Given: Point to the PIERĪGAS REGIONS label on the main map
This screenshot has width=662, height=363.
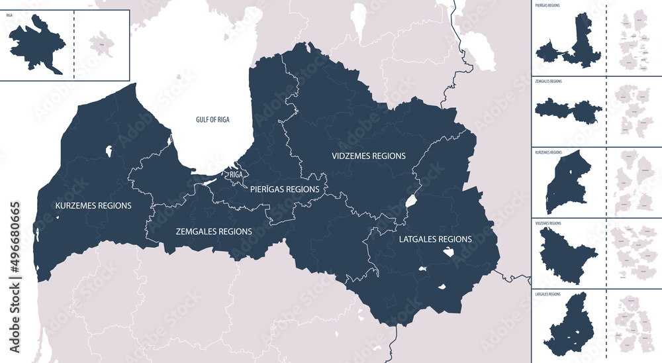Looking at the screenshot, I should tap(285, 189).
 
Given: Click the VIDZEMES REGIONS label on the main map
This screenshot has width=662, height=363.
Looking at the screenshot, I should tap(368, 156).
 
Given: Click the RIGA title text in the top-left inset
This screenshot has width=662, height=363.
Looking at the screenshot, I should tap(9, 14).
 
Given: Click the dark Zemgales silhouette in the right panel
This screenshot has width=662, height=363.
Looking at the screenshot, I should tap(568, 108).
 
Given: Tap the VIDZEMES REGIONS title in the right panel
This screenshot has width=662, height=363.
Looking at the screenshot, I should tap(547, 224).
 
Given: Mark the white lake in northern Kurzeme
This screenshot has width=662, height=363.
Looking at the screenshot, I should tap(107, 151).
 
